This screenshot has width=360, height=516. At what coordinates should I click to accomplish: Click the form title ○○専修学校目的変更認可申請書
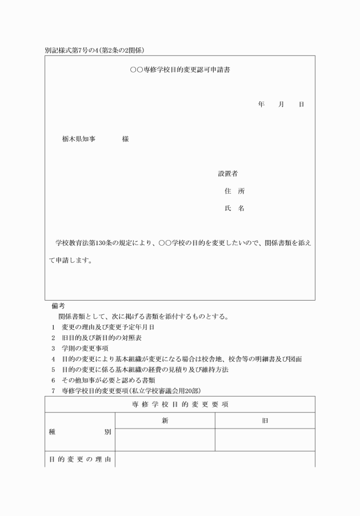pos(180,70)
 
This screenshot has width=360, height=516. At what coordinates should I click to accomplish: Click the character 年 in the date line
pos(261,105)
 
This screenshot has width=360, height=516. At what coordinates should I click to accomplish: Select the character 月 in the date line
pos(281,105)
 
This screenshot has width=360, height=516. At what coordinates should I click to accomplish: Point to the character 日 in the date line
pos(301,105)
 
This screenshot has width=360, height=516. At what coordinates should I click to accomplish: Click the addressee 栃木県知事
pos(79,139)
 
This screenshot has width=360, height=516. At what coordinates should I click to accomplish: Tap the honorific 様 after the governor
pos(125,139)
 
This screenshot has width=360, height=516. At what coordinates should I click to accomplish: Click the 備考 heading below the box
pos(58,306)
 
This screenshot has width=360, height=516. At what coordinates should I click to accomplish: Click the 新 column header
pos(165,421)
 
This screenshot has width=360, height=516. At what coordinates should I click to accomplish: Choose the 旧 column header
pos(265,421)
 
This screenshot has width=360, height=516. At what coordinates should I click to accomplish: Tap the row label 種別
pos(80,432)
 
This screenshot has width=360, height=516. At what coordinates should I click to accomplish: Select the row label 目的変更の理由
pos(80,459)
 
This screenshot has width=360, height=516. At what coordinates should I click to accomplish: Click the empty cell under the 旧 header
pos(265,440)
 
